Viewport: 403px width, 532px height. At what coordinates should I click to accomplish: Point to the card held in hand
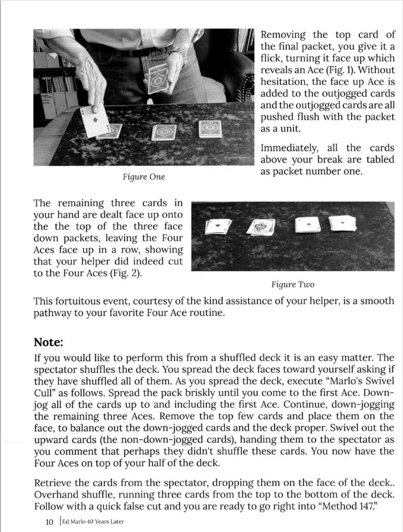(158, 79)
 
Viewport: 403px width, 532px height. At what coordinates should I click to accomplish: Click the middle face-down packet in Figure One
(164, 132)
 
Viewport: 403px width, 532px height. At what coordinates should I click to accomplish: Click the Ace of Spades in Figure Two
(260, 227)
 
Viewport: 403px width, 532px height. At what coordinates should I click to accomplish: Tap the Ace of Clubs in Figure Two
(218, 226)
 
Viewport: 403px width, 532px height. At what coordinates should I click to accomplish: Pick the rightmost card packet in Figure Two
(342, 223)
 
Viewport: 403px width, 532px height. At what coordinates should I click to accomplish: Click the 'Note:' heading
(48, 342)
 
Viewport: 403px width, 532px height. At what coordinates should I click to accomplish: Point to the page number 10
(49, 520)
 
